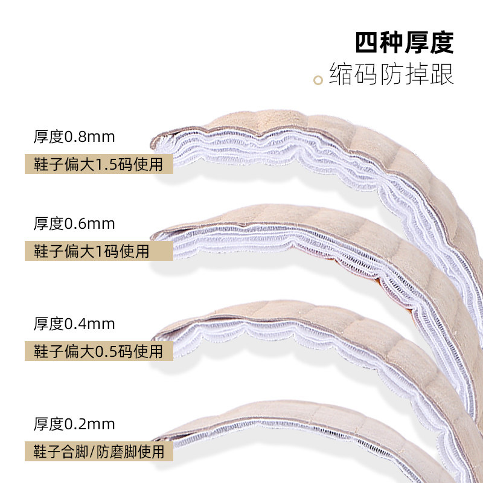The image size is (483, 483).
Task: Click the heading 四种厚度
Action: pos(404,43)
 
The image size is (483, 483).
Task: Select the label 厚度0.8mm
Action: pos(74,136)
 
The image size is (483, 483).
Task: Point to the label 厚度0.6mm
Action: pos(74,223)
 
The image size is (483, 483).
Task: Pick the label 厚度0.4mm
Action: pos(74,324)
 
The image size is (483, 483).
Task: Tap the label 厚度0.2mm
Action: pos(74,423)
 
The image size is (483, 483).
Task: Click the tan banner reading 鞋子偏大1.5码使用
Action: pos(98,164)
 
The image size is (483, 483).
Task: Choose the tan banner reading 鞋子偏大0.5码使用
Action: pos(98,351)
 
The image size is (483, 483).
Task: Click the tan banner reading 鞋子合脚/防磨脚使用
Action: pos(98,450)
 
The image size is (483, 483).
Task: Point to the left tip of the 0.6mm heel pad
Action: pos(156,233)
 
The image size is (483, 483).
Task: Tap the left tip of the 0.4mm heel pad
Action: pos(156,332)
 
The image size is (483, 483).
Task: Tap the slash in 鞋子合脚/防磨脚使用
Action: pos(92,450)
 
